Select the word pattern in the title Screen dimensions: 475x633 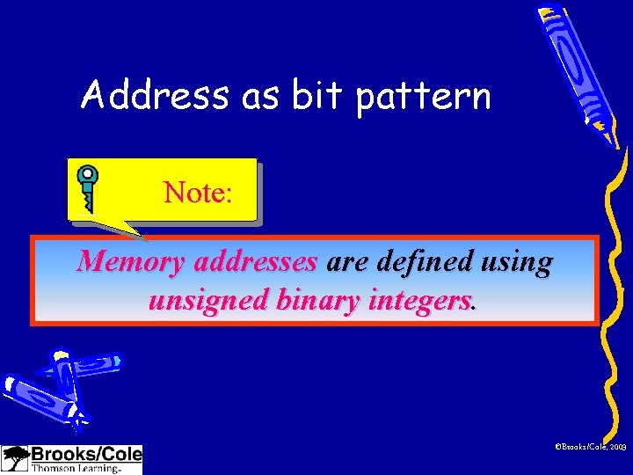423,96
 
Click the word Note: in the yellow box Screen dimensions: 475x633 198,192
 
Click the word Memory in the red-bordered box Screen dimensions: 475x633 131,262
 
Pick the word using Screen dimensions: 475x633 520,263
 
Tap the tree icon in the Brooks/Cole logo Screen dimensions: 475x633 15,458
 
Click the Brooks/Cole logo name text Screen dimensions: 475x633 85,455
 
